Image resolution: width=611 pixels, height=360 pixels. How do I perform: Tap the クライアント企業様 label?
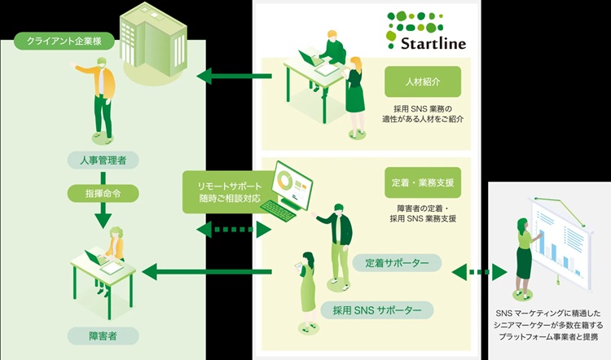tap(59, 40)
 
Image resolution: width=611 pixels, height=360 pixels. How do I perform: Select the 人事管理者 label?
tap(103, 160)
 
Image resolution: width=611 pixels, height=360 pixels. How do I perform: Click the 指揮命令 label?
tap(103, 194)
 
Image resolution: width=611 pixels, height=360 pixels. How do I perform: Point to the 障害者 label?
tap(103, 334)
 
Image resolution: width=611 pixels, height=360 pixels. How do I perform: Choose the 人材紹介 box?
tap(423, 81)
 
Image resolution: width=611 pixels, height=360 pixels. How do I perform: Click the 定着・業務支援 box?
tap(423, 183)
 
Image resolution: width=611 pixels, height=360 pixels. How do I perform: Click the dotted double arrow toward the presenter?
tap(478, 270)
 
